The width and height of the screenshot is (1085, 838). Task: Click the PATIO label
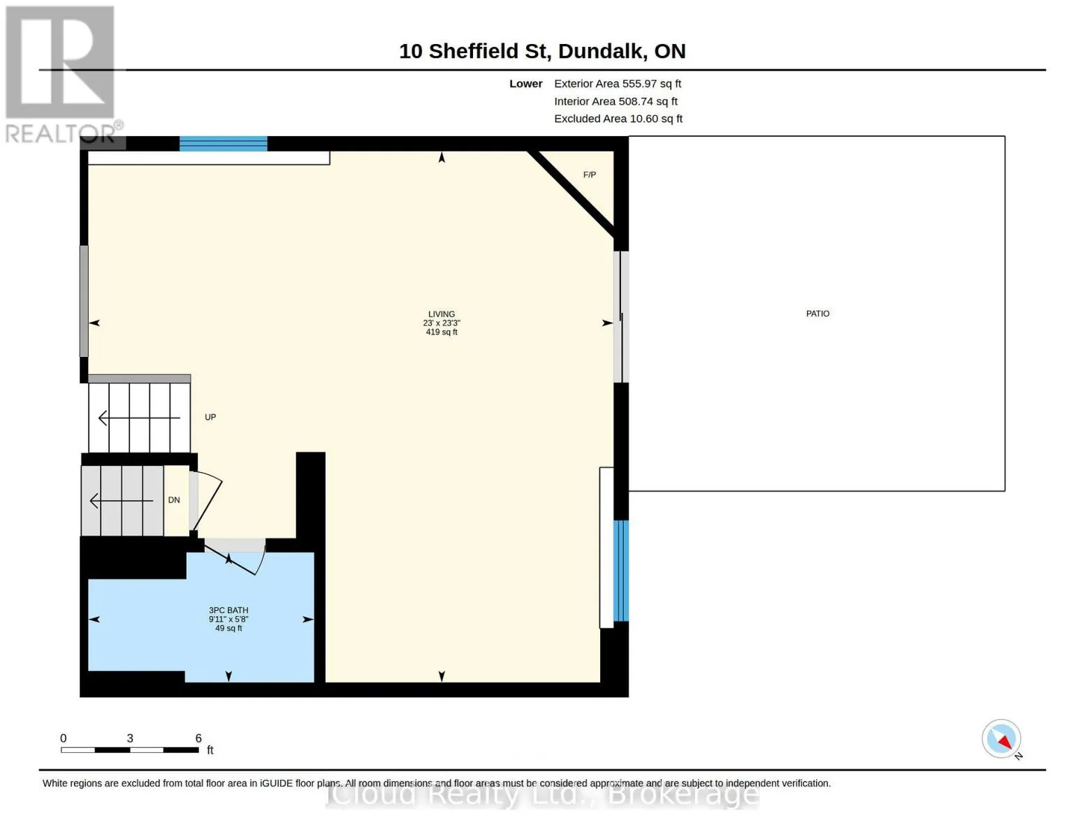(x=817, y=314)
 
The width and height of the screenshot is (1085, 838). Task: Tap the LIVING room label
(x=442, y=314)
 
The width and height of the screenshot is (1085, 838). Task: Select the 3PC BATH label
(x=228, y=610)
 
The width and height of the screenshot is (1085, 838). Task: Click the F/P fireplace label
(x=589, y=175)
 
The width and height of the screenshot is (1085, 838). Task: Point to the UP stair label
(x=210, y=417)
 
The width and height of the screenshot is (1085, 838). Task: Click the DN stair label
(x=174, y=499)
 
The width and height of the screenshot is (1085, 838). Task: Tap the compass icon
(x=1002, y=739)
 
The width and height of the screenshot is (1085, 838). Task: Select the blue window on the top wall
(x=223, y=143)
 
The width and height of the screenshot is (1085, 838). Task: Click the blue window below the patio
(x=620, y=571)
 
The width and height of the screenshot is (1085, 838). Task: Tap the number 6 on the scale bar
(x=198, y=737)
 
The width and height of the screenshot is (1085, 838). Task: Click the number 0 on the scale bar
(x=63, y=737)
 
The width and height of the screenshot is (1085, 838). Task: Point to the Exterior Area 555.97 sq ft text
(x=617, y=83)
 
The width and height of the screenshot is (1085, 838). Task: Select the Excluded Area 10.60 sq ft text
(x=618, y=118)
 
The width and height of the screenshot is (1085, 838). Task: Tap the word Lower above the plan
(x=525, y=83)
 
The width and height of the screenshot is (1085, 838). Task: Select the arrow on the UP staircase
(x=139, y=417)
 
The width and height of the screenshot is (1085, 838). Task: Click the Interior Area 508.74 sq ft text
(x=615, y=101)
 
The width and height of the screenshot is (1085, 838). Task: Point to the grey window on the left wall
(x=84, y=301)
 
